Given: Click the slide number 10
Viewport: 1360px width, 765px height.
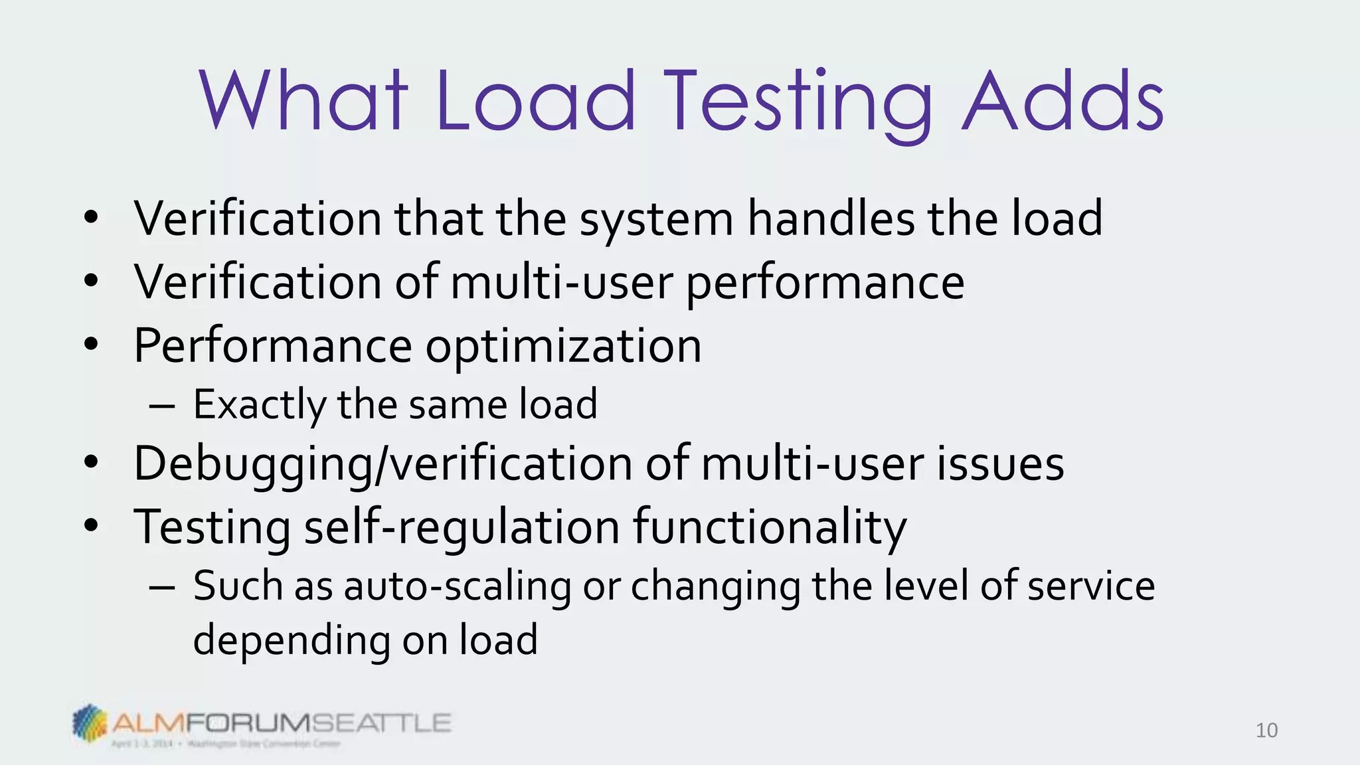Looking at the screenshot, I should pos(1266,730).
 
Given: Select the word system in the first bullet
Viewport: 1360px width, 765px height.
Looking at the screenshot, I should pos(656,220).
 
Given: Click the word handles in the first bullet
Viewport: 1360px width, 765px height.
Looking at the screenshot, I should pos(831,218).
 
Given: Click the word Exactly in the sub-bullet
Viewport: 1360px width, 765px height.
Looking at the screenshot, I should pos(259,405).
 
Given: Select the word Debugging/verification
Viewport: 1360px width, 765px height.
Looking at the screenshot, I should pos(382,464).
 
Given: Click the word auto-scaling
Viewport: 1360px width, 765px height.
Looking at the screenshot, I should pos(457,587).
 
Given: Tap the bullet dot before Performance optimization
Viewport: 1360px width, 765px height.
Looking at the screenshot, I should pos(91,345).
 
